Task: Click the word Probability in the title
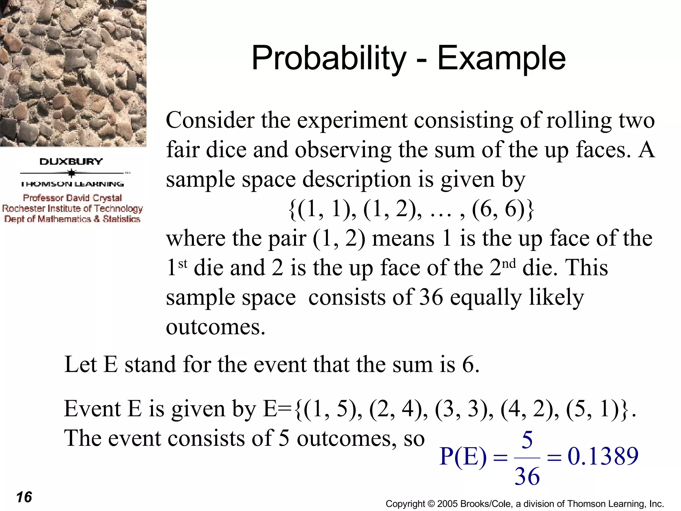329,58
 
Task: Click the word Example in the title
501,58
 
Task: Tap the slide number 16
24,497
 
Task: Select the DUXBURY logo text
71,162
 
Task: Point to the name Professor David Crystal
72,198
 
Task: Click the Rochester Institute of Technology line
72,209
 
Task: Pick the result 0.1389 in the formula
603,456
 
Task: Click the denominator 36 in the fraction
527,476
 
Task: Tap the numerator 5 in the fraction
527,440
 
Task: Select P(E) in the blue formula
463,456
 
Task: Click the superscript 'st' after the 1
183,264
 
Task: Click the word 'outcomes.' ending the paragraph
215,327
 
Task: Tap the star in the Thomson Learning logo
71,173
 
